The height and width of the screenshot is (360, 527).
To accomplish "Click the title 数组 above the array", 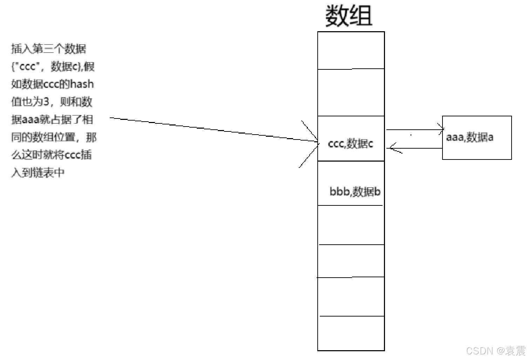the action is (x=349, y=16).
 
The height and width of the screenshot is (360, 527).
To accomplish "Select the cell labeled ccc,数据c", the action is (x=351, y=143).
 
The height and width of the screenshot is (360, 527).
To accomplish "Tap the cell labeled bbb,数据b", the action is (x=354, y=191).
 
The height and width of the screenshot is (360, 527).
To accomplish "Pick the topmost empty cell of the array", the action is (x=351, y=50).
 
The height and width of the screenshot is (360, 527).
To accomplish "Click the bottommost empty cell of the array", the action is (x=351, y=333).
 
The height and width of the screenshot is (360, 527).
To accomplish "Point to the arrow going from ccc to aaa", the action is (x=414, y=130).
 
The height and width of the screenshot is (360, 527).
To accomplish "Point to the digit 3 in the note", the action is (x=46, y=102).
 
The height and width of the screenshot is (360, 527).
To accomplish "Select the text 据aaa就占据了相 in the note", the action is (x=52, y=120).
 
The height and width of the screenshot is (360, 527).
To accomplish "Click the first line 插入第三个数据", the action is (x=48, y=49).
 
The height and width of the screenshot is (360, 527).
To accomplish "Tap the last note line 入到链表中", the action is (x=38, y=172).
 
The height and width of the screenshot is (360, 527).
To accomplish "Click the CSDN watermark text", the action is (x=496, y=351).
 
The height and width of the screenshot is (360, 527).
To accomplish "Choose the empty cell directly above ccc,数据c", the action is (x=351, y=92).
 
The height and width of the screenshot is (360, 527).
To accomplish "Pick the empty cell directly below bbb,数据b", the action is (x=351, y=225).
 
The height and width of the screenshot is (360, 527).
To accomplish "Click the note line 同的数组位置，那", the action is (x=53, y=137).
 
